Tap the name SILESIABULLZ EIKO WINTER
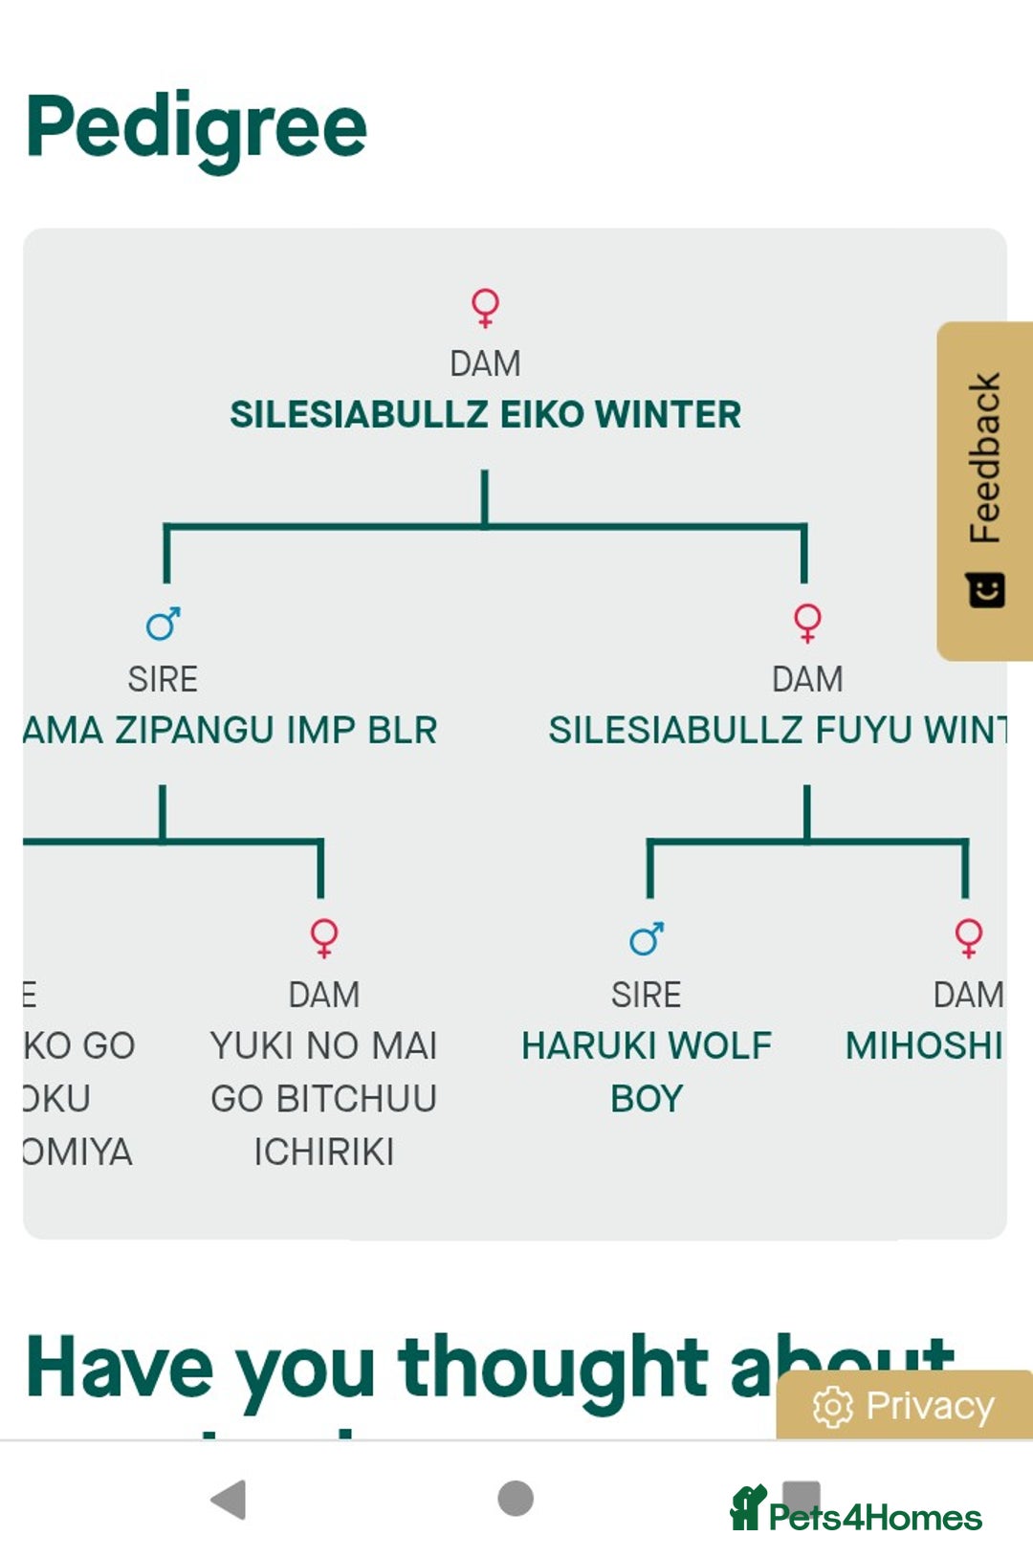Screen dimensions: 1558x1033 coord(485,414)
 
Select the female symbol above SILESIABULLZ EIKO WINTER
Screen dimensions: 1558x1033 coord(485,307)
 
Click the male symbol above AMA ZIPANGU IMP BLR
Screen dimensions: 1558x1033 coord(163,624)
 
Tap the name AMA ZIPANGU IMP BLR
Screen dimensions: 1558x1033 coord(231,730)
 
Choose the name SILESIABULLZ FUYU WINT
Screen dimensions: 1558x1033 coord(777,730)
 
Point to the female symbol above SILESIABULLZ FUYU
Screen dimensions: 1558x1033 coord(807,623)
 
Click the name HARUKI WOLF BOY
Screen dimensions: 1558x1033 coord(647,1071)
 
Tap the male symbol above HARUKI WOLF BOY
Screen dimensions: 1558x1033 coord(647,939)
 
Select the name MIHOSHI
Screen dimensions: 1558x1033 coord(924,1045)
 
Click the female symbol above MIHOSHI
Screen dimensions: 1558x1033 coord(968,937)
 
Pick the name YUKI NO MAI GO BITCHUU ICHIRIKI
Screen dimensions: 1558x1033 coord(324,1098)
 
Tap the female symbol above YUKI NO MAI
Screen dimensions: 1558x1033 coord(324,937)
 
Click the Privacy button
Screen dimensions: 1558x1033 coord(905,1406)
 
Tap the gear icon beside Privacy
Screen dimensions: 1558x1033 coord(832,1406)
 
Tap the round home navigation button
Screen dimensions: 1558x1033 coord(516,1498)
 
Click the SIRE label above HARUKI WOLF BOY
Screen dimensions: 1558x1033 coord(647,995)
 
